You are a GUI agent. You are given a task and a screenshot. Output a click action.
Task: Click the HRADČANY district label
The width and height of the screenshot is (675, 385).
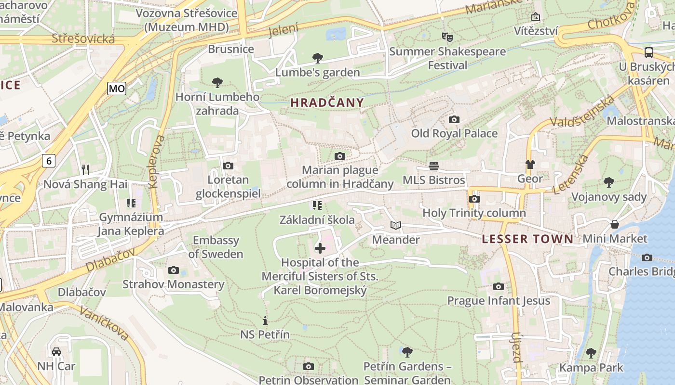click(327, 103)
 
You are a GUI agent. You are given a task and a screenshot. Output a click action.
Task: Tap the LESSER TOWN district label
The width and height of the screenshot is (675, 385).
click(527, 239)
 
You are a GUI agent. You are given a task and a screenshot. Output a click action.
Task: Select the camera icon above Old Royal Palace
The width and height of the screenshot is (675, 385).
click(454, 119)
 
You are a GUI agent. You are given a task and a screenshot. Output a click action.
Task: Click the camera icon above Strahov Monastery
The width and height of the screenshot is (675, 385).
click(174, 270)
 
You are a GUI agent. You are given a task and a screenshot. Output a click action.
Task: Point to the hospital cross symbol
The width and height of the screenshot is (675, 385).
click(320, 248)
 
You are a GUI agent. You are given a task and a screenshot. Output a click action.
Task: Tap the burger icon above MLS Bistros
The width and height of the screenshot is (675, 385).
click(434, 166)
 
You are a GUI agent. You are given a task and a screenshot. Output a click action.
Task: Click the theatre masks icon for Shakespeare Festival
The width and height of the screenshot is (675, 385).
click(447, 37)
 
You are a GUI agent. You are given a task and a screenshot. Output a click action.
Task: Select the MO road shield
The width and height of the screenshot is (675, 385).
click(117, 88)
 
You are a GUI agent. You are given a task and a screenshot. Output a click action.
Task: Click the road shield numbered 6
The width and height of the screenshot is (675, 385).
click(48, 160)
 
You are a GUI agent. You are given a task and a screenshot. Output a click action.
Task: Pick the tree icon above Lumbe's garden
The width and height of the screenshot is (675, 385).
click(317, 58)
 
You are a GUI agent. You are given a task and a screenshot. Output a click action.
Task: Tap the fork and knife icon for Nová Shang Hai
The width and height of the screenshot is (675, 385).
click(85, 169)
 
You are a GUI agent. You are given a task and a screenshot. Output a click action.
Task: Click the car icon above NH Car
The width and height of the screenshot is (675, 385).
click(56, 352)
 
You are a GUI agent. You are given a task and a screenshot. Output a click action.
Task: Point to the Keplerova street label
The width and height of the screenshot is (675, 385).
click(157, 161)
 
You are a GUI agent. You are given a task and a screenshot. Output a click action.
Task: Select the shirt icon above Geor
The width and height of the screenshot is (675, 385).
click(530, 165)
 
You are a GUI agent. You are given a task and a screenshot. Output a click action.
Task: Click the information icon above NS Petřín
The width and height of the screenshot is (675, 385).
click(265, 320)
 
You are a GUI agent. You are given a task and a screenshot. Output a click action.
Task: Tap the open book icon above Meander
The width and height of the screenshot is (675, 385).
click(395, 225)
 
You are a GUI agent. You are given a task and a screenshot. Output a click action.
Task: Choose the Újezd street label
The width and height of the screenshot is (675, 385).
click(516, 347)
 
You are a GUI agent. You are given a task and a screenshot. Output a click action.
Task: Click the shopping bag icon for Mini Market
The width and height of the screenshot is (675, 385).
click(615, 224)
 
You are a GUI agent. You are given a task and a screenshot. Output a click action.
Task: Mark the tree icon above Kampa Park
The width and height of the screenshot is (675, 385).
click(591, 353)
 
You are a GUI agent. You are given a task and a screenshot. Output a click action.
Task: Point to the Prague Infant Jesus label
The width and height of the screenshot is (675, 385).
click(499, 301)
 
